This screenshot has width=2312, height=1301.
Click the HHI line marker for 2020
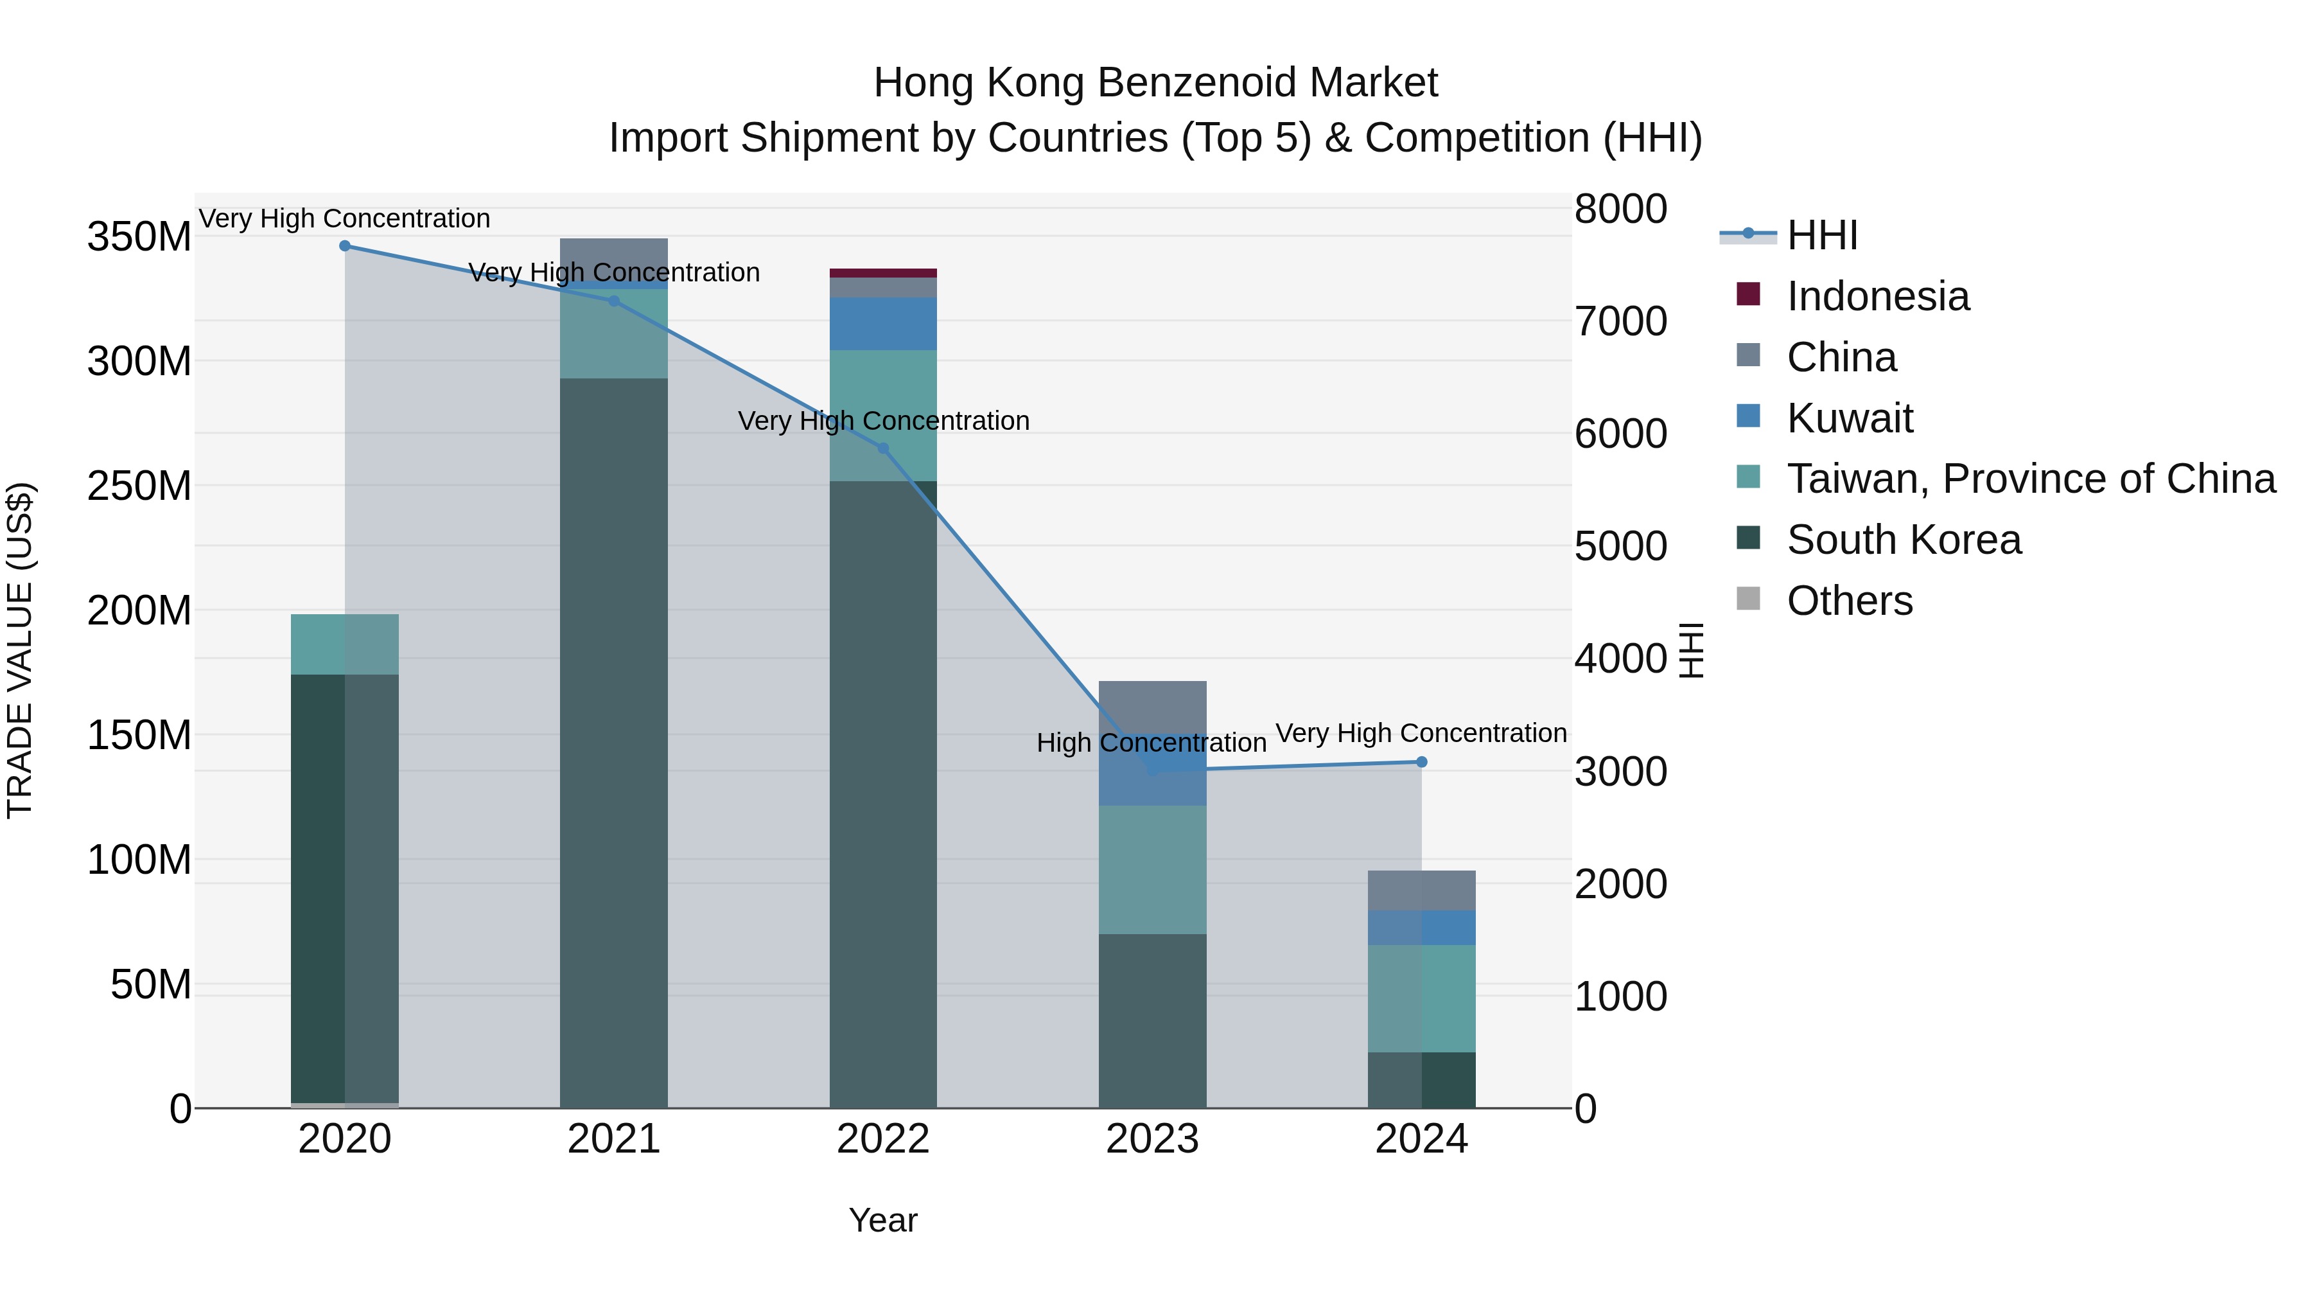[345, 246]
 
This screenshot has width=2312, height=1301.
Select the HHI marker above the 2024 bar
[1422, 762]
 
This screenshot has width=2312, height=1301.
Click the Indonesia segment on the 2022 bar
[883, 273]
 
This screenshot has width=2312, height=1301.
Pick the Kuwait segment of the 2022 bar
[883, 324]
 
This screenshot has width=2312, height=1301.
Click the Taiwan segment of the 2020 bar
[345, 644]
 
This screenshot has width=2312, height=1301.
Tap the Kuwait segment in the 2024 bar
[1422, 928]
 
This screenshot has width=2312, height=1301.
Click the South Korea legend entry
[1903, 540]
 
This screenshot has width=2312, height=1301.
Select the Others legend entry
[1849, 601]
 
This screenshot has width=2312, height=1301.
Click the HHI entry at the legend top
[1821, 235]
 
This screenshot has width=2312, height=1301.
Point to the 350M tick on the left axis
[139, 237]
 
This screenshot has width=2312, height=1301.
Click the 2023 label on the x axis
[1152, 1139]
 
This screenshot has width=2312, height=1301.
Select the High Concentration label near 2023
[1152, 743]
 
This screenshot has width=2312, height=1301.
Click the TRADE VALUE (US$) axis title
[20, 650]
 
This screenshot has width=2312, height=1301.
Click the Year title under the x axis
[883, 1220]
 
